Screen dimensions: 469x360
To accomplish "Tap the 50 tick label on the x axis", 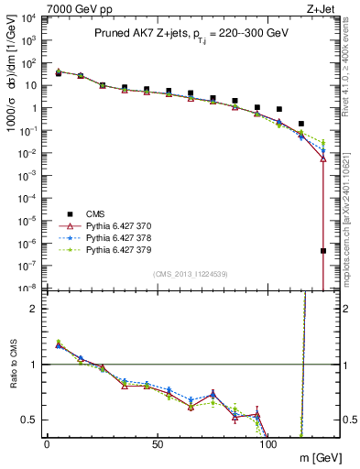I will (158, 443).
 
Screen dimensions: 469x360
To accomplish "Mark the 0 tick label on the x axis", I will (47, 443).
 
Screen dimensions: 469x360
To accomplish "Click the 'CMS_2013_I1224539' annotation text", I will (190, 274).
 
